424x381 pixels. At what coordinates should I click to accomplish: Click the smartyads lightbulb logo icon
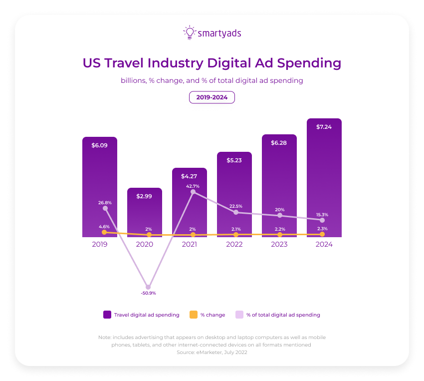pos(189,32)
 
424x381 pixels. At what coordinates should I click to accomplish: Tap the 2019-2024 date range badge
pos(212,97)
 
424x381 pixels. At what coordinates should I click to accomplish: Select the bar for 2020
pos(145,212)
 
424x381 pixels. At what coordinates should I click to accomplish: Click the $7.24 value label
pos(324,127)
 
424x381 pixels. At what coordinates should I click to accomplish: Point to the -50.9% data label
pos(148,293)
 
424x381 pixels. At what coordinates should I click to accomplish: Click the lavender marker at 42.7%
pos(193,192)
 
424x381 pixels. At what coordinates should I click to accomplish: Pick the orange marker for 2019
pos(104,232)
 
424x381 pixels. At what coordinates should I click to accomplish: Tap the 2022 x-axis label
pos(234,245)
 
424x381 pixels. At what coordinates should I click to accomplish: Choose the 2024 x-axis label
pos(324,245)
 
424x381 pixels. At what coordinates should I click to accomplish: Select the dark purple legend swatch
pos(107,315)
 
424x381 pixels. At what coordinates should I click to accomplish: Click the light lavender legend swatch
pos(239,315)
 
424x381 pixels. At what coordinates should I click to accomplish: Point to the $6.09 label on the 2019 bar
pos(100,145)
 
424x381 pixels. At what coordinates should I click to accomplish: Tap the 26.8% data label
pos(105,203)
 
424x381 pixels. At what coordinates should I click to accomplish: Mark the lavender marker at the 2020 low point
pos(148,287)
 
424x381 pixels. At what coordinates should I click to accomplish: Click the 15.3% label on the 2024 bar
pos(322,215)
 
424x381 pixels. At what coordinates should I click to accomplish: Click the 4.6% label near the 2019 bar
pos(104,226)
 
